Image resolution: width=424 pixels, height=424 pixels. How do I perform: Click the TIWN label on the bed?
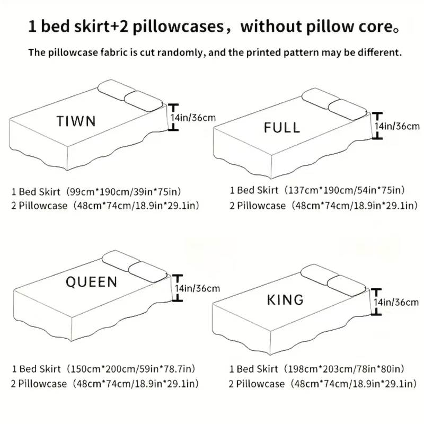[x=76, y=121]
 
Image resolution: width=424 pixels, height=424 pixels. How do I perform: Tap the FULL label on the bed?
[x=281, y=127]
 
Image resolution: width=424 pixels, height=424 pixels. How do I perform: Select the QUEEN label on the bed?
[x=91, y=281]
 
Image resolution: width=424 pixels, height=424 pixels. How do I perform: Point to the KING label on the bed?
[x=285, y=299]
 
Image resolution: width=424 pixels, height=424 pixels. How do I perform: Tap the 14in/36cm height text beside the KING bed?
[x=397, y=302]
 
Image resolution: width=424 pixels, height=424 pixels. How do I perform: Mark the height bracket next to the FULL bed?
[x=377, y=125]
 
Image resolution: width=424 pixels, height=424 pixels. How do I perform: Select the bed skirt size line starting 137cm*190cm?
[x=317, y=190]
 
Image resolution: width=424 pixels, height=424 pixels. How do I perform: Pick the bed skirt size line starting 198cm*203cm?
[x=317, y=368]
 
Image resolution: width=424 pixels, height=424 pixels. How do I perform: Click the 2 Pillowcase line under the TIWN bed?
[x=106, y=206]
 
